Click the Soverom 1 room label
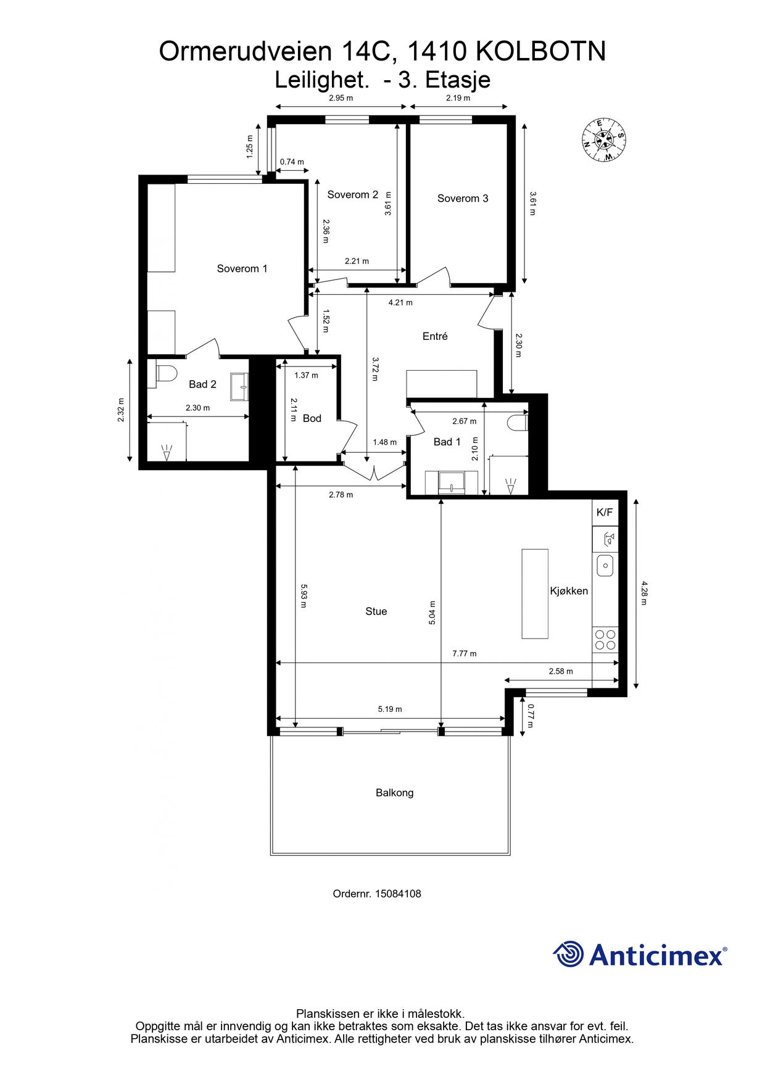coord(242,268)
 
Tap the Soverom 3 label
coord(463,198)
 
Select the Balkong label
coord(394,793)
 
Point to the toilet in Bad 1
coord(518,423)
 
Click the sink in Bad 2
coord(240,387)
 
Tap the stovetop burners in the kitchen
coord(604,639)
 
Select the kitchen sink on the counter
coord(605,564)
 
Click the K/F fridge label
coord(605,512)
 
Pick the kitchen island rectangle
coord(535,593)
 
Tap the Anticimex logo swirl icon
coord(568,954)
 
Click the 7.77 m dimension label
coord(465,654)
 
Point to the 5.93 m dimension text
coord(304,596)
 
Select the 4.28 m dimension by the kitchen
coord(644,593)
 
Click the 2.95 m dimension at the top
coord(341,98)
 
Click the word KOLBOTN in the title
coord(542,52)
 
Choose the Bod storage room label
coord(312,418)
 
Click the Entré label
coord(435,336)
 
